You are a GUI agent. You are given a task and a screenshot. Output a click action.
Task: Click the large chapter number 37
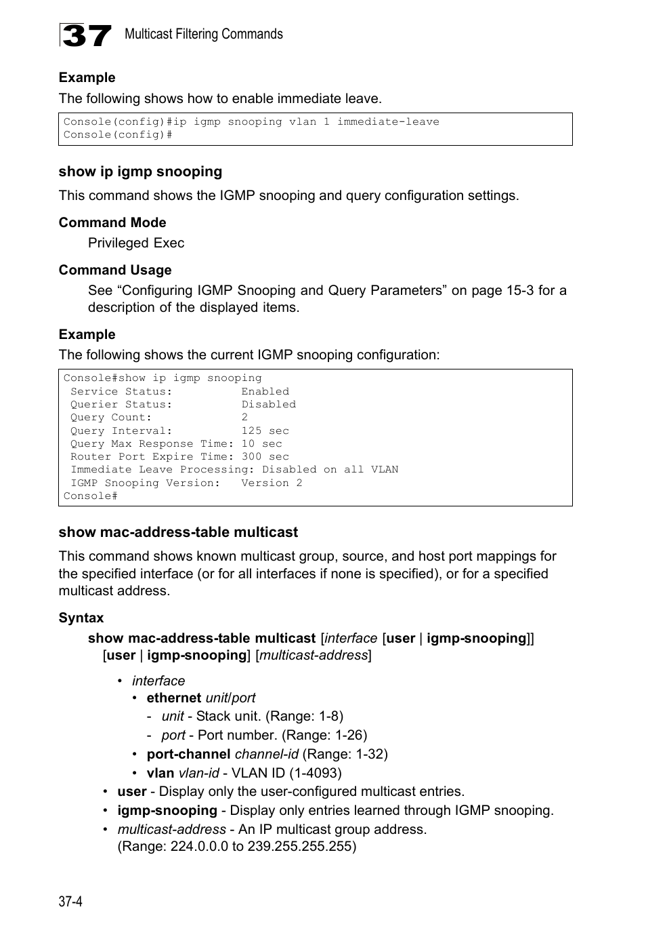coord(85,35)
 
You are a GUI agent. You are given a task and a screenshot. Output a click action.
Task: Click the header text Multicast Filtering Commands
coord(203,34)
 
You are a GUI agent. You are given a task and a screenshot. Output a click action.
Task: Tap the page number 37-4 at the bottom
coord(70,901)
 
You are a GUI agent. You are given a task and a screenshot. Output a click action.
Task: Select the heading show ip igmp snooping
coord(140,172)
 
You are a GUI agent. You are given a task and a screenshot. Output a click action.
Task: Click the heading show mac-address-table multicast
coord(178,532)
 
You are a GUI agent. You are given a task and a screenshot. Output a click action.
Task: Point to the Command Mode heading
coord(112,222)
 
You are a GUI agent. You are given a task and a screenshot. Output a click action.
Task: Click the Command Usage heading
coord(114,270)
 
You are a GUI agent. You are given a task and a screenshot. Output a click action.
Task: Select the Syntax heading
coord(81,618)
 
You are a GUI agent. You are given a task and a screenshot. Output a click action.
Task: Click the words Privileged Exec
coord(135,243)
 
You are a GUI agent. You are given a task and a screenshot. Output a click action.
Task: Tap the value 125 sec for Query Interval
coord(265,431)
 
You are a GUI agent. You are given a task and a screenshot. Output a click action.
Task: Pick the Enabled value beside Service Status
coord(265,391)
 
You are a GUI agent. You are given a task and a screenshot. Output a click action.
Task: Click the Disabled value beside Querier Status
coord(268,404)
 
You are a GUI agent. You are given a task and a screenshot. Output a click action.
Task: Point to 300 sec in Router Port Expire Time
coord(265,456)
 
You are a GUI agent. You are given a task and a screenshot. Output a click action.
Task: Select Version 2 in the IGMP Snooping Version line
coord(272,483)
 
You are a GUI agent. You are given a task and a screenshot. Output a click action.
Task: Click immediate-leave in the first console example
coord(388,121)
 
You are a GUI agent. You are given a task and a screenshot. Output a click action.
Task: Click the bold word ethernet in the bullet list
coord(173,698)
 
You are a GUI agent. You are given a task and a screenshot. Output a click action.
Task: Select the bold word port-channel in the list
coord(188,754)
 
